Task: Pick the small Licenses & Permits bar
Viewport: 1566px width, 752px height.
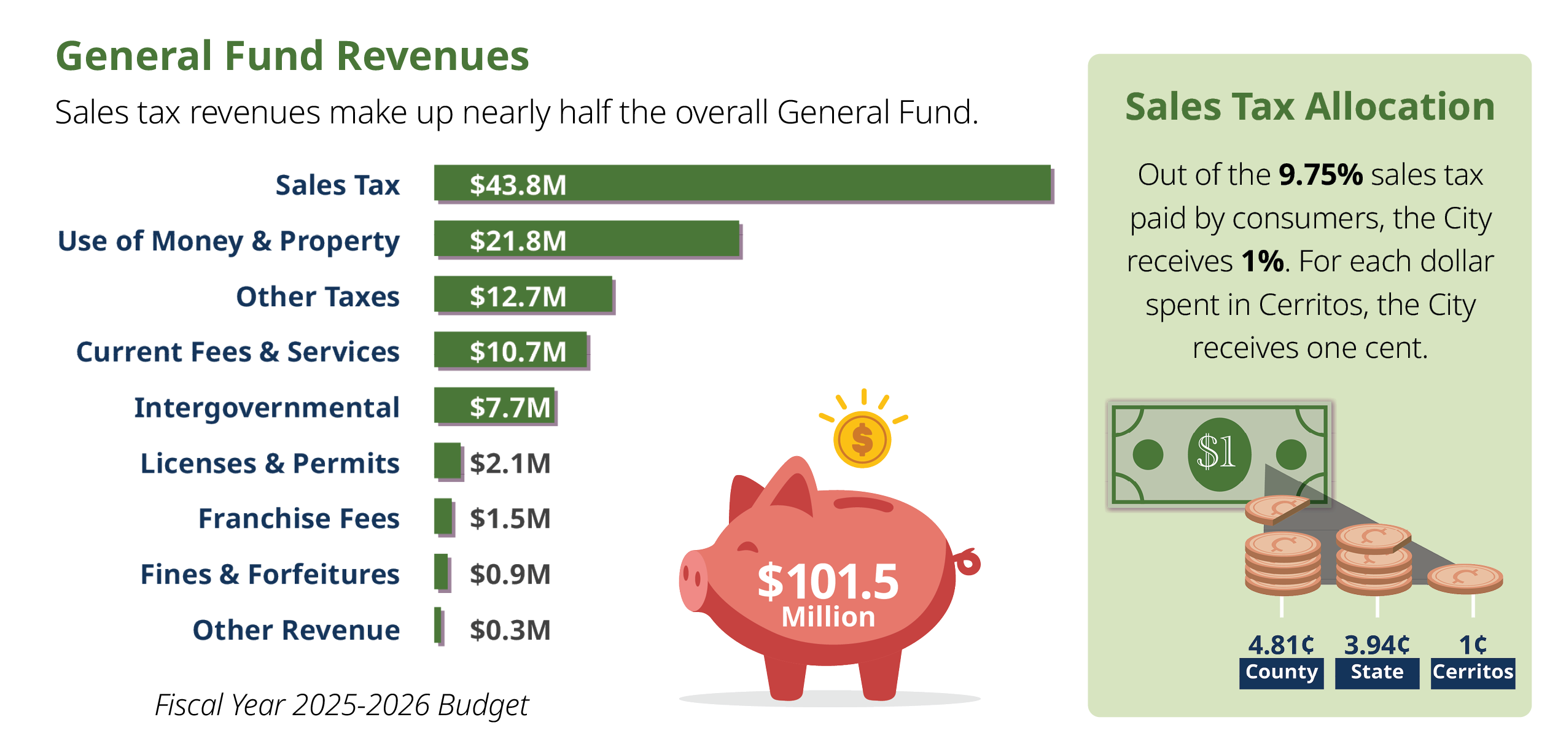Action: point(447,461)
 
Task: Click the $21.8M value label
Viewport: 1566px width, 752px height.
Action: point(518,241)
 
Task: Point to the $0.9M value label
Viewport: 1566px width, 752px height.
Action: point(510,575)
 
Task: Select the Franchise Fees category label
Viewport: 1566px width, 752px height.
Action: point(298,519)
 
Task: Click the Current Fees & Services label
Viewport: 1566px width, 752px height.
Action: point(238,352)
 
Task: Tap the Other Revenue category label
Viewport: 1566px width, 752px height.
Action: point(296,630)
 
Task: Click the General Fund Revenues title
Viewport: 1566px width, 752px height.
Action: point(292,56)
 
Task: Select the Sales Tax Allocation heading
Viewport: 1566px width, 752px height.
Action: point(1309,107)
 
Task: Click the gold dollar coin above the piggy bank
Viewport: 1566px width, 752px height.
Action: point(862,440)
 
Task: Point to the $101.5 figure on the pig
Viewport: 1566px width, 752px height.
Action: point(827,582)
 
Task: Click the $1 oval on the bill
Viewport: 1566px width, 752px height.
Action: point(1219,454)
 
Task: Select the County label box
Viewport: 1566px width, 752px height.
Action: point(1281,673)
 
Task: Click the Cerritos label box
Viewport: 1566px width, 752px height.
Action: point(1473,673)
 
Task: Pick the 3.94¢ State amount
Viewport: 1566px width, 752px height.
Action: point(1377,645)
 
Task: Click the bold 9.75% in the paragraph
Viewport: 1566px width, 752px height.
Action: point(1320,175)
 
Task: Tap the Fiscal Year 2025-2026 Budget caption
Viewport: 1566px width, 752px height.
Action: point(341,705)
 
